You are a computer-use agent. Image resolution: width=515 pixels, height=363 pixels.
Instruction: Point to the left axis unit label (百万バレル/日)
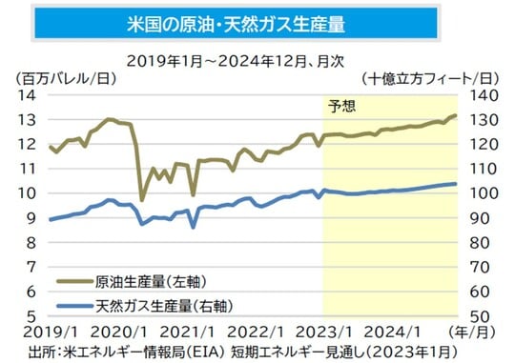click(56, 76)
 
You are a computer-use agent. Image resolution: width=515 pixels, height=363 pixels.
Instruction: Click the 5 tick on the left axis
click(31, 316)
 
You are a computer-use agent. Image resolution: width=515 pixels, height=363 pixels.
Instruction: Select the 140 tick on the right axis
click(481, 95)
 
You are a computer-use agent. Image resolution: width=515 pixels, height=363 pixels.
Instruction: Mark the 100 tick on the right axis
click(481, 193)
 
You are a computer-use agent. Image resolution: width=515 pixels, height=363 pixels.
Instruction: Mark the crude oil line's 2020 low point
click(142, 199)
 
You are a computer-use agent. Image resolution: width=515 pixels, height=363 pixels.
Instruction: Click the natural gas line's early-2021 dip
click(194, 226)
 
